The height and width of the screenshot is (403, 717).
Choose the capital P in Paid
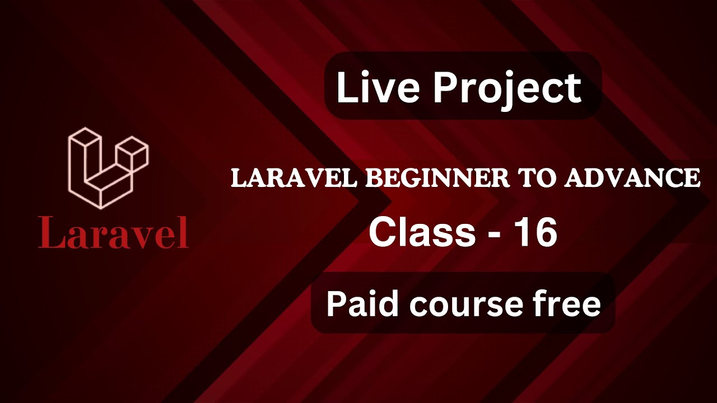coord(336,304)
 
